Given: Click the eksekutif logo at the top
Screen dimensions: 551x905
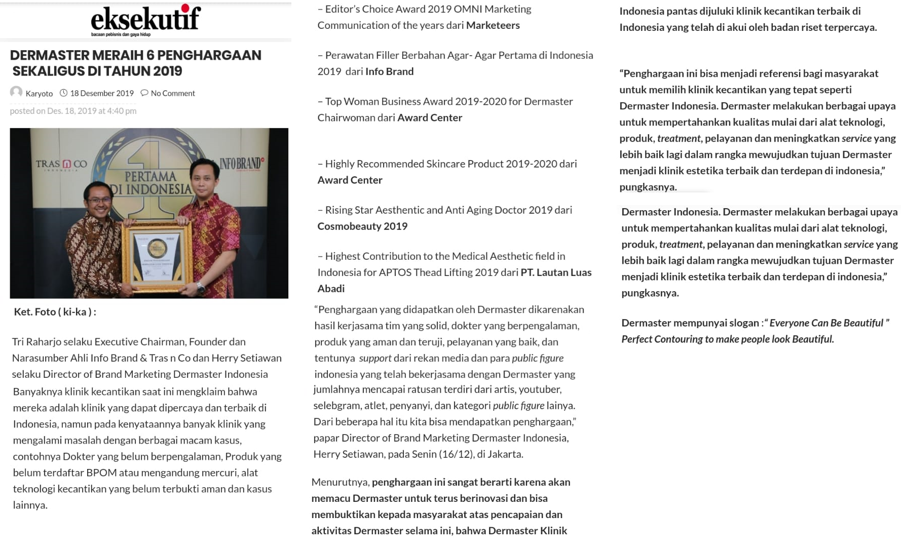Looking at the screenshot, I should coord(145,19).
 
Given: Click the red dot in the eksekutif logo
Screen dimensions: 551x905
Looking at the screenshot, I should coord(185,8).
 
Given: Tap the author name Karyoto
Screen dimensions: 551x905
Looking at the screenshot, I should coord(39,94).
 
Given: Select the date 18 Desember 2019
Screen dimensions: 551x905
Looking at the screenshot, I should coord(102,93).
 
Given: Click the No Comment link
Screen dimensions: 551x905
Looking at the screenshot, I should coord(172,93).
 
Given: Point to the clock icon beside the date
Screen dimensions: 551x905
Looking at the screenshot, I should coord(63,93).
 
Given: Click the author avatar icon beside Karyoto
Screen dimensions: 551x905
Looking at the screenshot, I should coord(16,92).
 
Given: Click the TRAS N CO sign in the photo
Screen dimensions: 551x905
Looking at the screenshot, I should coord(61,164).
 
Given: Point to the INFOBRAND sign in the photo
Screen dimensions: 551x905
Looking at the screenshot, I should coord(241,164).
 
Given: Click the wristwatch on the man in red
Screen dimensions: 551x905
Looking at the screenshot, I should coord(201,287).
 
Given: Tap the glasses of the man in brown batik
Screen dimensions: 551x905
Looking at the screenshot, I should coord(99,200).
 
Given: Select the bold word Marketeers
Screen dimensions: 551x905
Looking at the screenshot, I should coord(493,25).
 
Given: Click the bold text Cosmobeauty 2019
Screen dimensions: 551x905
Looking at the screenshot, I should coord(362,226).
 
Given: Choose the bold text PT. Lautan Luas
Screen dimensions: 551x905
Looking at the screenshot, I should coord(556,272).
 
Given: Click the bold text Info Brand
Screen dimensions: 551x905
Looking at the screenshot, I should coord(389,71).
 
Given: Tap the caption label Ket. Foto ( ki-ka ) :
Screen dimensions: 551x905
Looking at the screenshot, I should coord(55,312).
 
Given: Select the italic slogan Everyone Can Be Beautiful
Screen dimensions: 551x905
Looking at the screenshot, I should coord(826,323).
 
